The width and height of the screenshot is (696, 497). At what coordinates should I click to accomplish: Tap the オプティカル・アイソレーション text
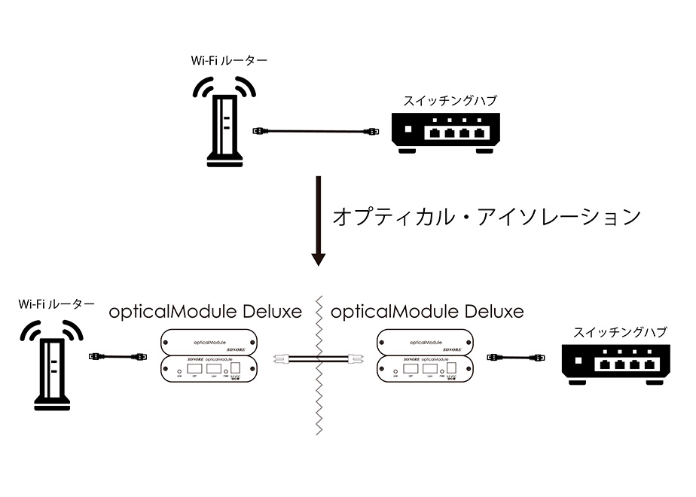click(486, 218)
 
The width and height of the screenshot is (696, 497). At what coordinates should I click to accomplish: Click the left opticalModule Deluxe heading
click(205, 311)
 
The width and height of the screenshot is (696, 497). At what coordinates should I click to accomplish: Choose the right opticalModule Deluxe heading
click(427, 311)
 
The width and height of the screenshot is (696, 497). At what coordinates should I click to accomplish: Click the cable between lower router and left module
click(118, 356)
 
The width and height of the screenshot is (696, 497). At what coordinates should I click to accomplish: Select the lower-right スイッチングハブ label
click(620, 332)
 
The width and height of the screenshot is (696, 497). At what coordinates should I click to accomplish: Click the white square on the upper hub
click(407, 130)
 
